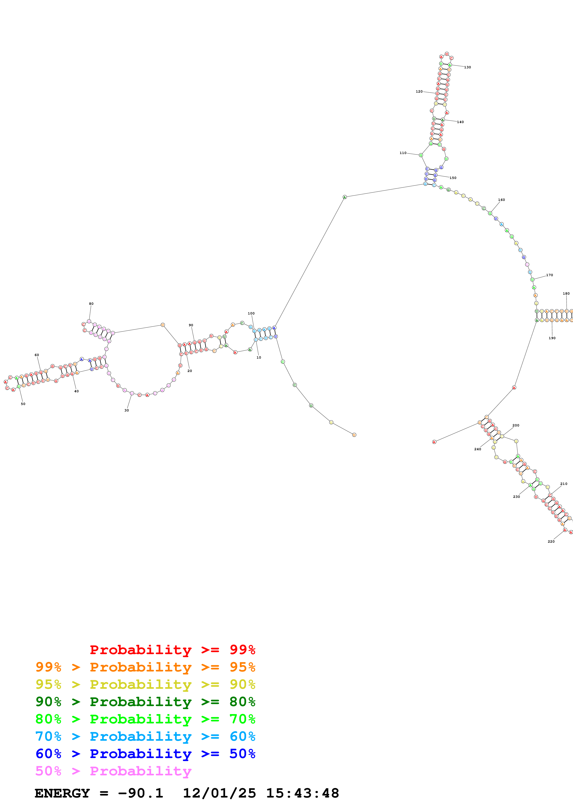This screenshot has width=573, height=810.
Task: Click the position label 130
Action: pyautogui.click(x=467, y=67)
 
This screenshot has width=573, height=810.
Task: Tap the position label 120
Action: pyautogui.click(x=419, y=91)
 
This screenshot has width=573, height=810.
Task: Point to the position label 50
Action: pyautogui.click(x=23, y=404)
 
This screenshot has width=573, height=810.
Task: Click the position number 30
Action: pyautogui.click(x=126, y=410)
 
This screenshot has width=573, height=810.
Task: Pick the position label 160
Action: pyautogui.click(x=501, y=200)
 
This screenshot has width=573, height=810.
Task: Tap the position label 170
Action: pyautogui.click(x=549, y=275)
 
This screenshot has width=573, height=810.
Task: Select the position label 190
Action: pyautogui.click(x=552, y=338)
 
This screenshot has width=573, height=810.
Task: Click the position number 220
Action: pyautogui.click(x=551, y=541)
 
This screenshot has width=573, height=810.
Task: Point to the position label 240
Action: pyautogui.click(x=477, y=449)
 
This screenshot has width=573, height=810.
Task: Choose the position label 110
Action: pyautogui.click(x=403, y=153)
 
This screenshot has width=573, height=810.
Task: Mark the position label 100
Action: pyautogui.click(x=251, y=313)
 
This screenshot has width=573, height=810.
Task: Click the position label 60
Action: pyautogui.click(x=37, y=355)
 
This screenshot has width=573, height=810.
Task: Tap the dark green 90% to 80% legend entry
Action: pyautogui.click(x=145, y=702)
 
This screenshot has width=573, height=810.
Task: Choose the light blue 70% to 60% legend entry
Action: pyautogui.click(x=145, y=736)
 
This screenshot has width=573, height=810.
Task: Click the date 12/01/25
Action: pyautogui.click(x=219, y=793)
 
